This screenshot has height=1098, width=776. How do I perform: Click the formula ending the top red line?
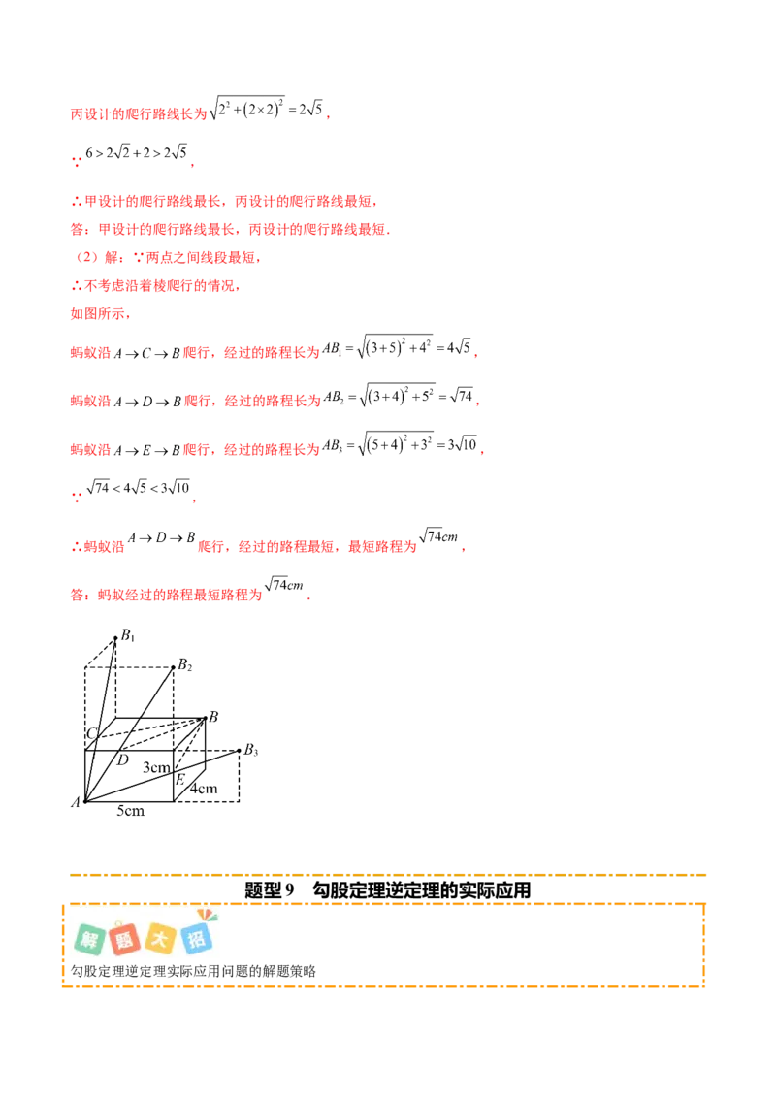point(272,111)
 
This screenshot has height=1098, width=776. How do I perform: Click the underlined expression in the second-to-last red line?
point(162,541)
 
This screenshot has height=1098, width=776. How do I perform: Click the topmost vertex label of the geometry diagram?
point(123,636)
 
